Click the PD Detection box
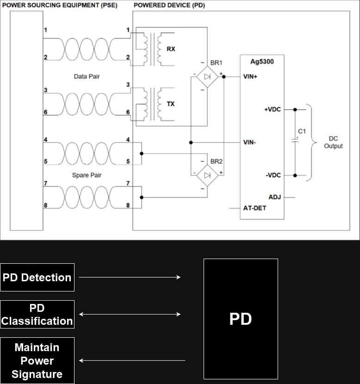click(37, 277)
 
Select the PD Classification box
click(37, 314)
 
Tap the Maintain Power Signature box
click(37, 360)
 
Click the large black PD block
click(241, 319)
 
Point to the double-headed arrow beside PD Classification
click(130, 314)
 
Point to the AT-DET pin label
click(254, 208)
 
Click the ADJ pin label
click(274, 197)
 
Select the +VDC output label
click(273, 110)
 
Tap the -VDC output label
click(273, 175)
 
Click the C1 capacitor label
click(302, 131)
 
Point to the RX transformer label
click(171, 49)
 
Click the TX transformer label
click(171, 104)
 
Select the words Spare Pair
click(87, 175)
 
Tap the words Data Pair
click(87, 76)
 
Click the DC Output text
click(333, 142)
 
